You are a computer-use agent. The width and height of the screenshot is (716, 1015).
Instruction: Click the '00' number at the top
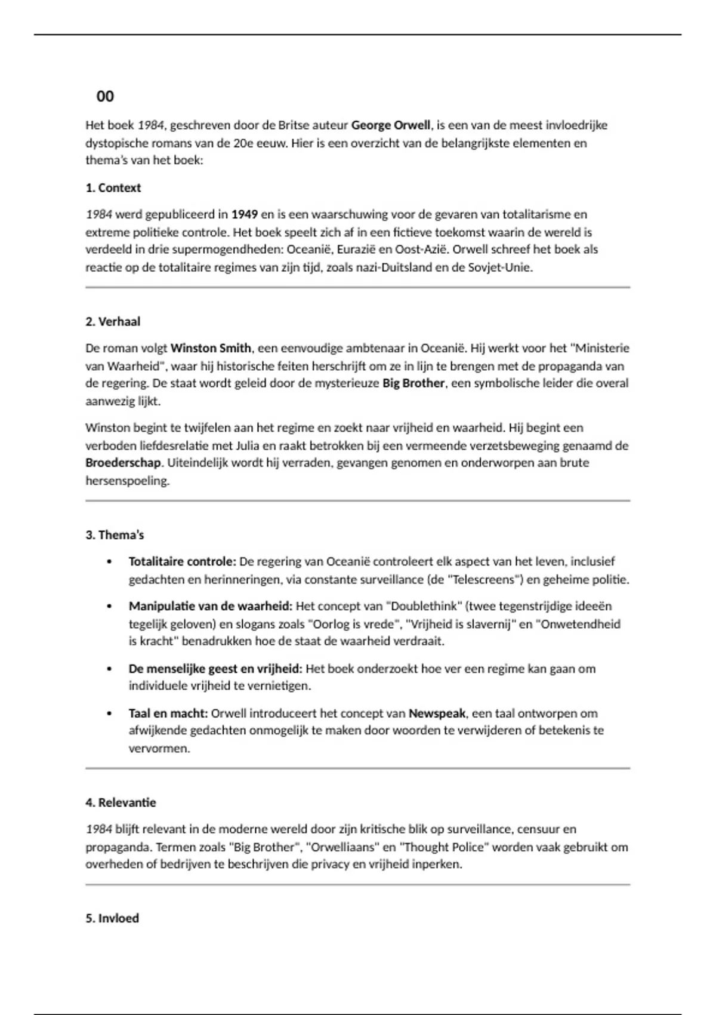(x=105, y=96)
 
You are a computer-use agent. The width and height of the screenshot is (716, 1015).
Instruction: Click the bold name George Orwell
(x=390, y=125)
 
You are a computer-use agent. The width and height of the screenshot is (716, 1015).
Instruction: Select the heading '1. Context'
(x=113, y=188)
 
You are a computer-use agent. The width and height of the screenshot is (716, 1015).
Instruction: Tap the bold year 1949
(x=245, y=214)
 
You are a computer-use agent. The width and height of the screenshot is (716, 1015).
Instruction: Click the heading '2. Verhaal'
(x=113, y=322)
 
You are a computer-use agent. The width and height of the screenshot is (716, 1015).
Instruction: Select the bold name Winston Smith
(x=211, y=348)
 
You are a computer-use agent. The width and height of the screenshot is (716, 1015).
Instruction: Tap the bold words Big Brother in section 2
(x=413, y=383)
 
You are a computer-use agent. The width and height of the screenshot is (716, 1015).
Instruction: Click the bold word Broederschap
(x=123, y=463)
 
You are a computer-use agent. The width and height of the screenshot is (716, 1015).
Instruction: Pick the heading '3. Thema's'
(x=115, y=535)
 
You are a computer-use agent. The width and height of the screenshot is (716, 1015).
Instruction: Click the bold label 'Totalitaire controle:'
(x=183, y=562)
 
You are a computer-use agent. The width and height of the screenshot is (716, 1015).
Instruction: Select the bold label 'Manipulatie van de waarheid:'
(x=210, y=606)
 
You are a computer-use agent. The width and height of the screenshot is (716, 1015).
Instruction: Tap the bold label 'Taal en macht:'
(x=168, y=713)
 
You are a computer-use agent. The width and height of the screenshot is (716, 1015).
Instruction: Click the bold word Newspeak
(x=437, y=713)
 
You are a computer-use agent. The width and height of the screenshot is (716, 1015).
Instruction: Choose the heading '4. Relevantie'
(x=121, y=802)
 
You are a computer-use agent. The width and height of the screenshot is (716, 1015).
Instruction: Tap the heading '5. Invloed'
(x=112, y=918)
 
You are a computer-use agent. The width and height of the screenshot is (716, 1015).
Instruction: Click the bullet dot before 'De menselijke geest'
(x=109, y=669)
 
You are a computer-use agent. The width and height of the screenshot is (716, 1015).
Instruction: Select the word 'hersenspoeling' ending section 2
(x=126, y=481)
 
